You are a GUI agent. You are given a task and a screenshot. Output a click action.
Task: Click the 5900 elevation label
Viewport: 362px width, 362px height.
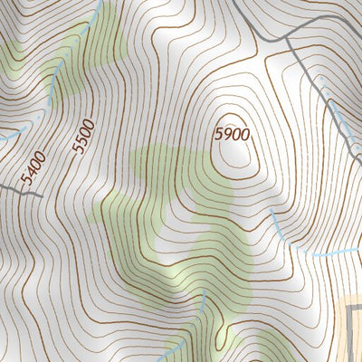pyautogui.click(x=231, y=133)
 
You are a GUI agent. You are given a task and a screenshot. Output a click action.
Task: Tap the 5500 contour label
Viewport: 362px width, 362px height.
pyautogui.click(x=84, y=134)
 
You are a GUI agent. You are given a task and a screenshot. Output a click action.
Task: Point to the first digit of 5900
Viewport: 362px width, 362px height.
pyautogui.click(x=219, y=133)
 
